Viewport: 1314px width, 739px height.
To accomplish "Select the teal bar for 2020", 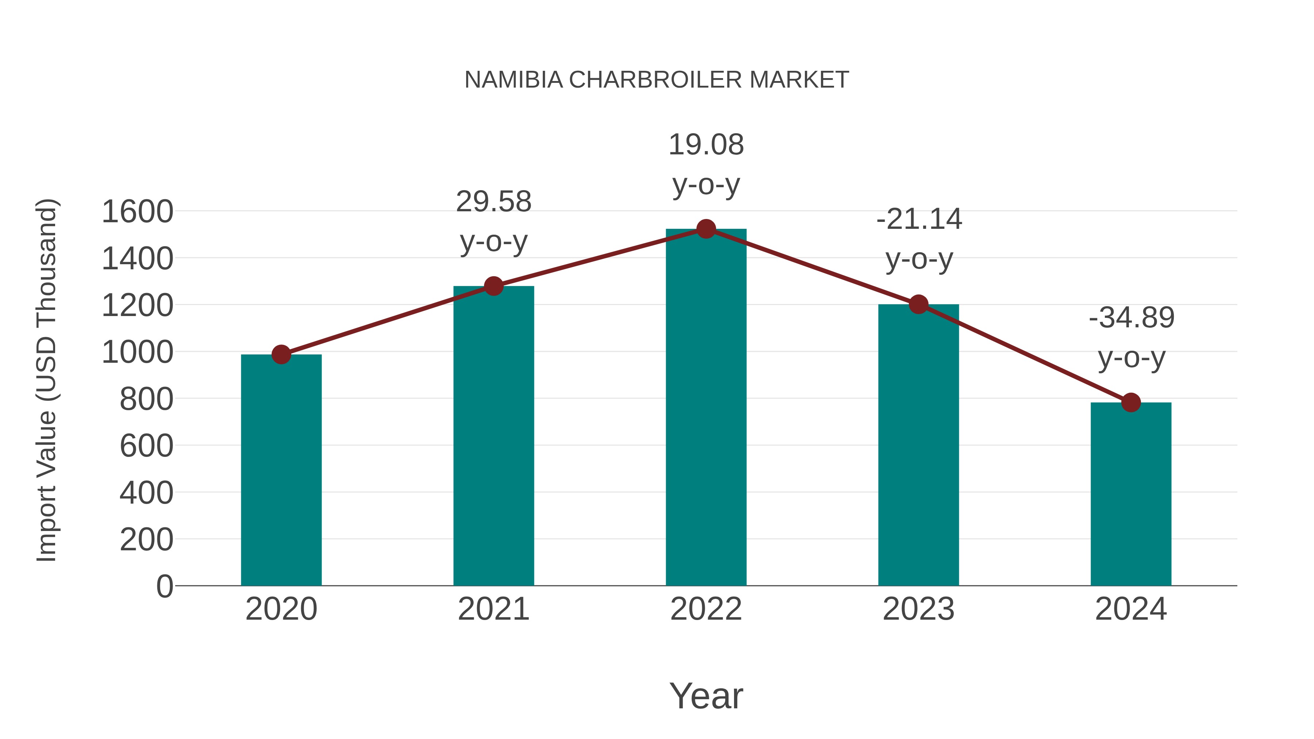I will coord(281,469).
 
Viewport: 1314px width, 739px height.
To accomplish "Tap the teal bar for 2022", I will coord(706,408).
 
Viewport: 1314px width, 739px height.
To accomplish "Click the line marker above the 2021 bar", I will coord(493,286).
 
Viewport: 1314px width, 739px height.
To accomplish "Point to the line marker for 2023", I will coord(918,304).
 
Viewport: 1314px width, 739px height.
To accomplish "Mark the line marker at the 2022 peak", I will coord(706,229).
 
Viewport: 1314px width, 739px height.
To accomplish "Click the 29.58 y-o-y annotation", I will coord(493,222).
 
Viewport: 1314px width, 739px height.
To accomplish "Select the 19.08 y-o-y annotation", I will coord(706,164).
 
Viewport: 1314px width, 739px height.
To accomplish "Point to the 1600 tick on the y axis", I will coord(137,212).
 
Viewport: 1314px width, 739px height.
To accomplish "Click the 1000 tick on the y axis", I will coord(137,352).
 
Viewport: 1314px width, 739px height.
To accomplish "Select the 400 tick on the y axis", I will coord(146,493).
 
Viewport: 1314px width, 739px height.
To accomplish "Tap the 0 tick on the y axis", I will coord(164,586).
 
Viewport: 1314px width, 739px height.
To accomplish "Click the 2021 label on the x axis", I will coord(493,609).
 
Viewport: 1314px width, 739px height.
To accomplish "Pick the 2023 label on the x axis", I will coord(918,609).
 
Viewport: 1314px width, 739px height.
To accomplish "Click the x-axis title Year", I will coord(706,696).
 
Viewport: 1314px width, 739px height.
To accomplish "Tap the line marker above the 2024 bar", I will coord(1131,403).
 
